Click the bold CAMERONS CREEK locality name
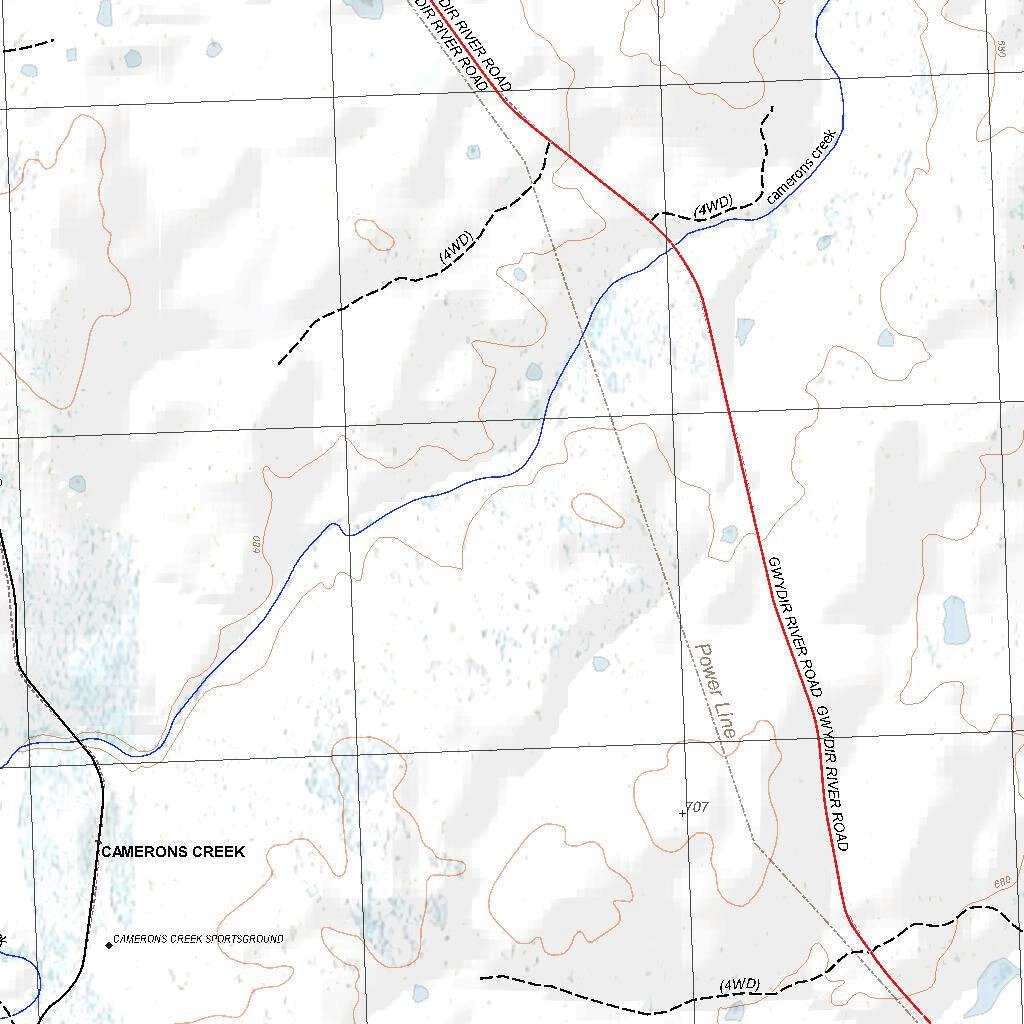click(172, 851)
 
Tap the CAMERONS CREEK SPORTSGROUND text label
click(198, 939)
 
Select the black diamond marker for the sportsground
click(109, 944)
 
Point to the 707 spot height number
click(698, 806)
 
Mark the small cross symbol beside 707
click(683, 813)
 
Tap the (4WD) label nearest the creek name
click(714, 207)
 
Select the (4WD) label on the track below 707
click(740, 985)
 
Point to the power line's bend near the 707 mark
click(754, 842)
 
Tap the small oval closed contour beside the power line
click(598, 510)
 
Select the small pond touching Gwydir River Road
click(729, 534)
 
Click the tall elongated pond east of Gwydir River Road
click(955, 620)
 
